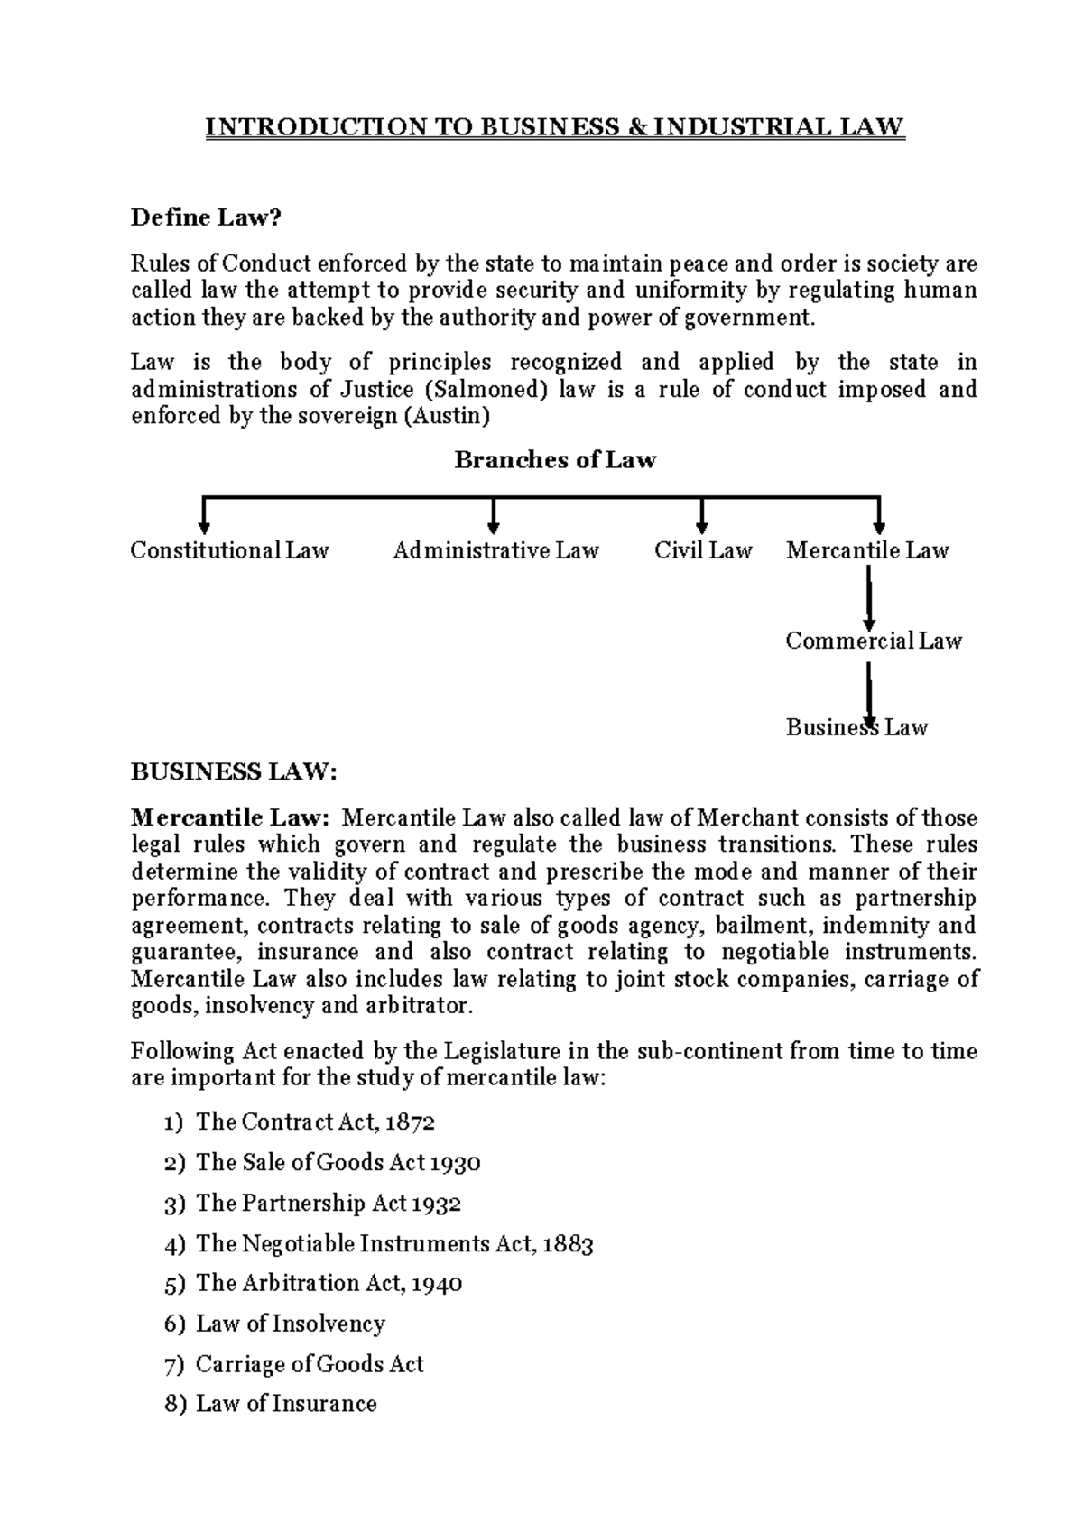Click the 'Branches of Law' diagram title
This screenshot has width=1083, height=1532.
click(x=555, y=460)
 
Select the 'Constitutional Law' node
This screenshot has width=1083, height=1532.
click(x=229, y=550)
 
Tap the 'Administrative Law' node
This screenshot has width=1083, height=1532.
click(x=495, y=550)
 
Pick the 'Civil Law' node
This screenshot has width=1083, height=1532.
click(x=703, y=550)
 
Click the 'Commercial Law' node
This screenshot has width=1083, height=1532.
click(x=873, y=641)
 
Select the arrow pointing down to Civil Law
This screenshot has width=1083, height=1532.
click(x=702, y=517)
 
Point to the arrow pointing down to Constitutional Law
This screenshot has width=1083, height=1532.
click(x=205, y=517)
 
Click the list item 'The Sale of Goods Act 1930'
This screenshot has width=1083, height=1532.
click(x=338, y=1163)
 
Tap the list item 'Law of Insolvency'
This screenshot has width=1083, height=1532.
click(x=290, y=1324)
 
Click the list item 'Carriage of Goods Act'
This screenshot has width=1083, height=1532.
click(x=309, y=1364)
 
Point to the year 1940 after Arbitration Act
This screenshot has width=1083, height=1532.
click(x=437, y=1284)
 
